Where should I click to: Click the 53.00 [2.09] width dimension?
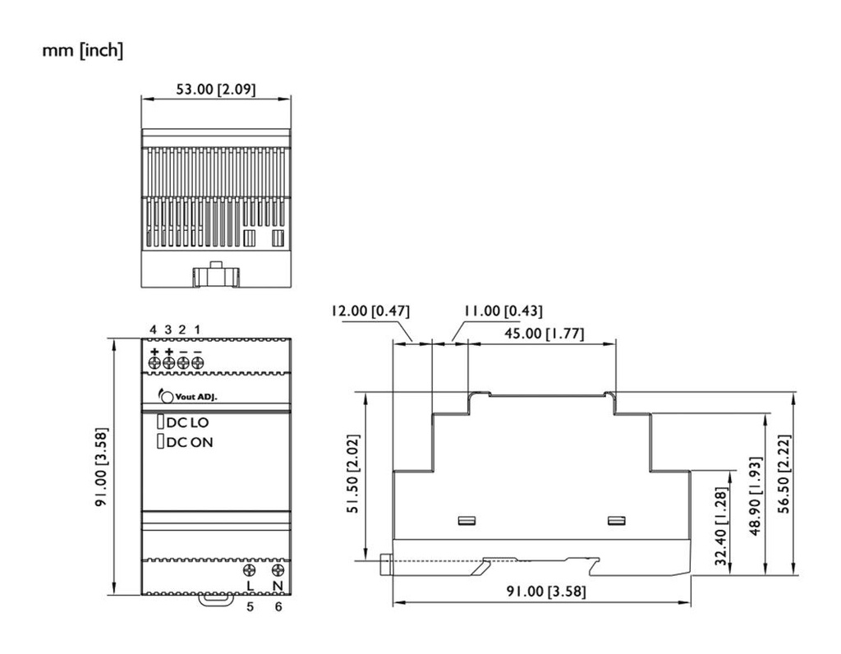click(x=216, y=89)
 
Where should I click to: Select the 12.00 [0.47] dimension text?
click(x=370, y=311)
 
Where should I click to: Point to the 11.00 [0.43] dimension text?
click(x=502, y=311)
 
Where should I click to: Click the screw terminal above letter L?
click(x=250, y=570)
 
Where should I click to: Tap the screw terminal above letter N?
click(x=278, y=570)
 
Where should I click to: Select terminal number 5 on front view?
click(x=250, y=606)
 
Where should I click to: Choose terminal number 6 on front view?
click(x=278, y=606)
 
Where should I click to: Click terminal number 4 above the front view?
click(x=153, y=329)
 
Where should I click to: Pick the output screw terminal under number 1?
click(x=197, y=362)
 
